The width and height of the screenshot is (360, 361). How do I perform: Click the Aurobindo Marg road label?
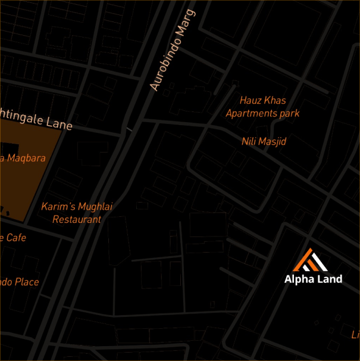[173, 49]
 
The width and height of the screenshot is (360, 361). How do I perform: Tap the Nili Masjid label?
[264, 142]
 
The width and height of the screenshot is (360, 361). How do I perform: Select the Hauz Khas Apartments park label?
[262, 107]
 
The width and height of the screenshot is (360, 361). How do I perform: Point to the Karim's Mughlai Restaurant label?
[77, 213]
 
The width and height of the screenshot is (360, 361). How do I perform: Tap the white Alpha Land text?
[313, 279]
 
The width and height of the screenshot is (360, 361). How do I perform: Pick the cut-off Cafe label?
[13, 238]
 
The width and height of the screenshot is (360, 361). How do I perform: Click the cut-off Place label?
[19, 282]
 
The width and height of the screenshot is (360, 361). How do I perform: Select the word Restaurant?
[77, 219]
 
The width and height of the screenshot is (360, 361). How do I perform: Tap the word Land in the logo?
[329, 279]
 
